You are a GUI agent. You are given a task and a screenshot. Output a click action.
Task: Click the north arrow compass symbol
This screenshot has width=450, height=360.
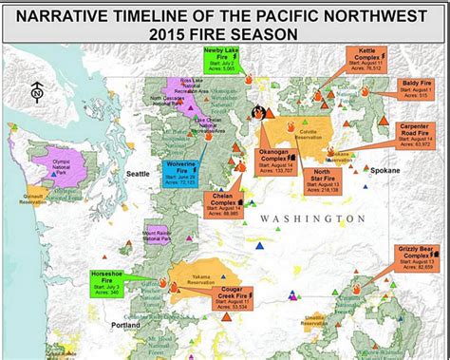pyautogui.click(x=36, y=91)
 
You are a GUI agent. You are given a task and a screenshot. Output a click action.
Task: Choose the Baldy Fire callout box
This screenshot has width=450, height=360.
pyautogui.click(x=411, y=89)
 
